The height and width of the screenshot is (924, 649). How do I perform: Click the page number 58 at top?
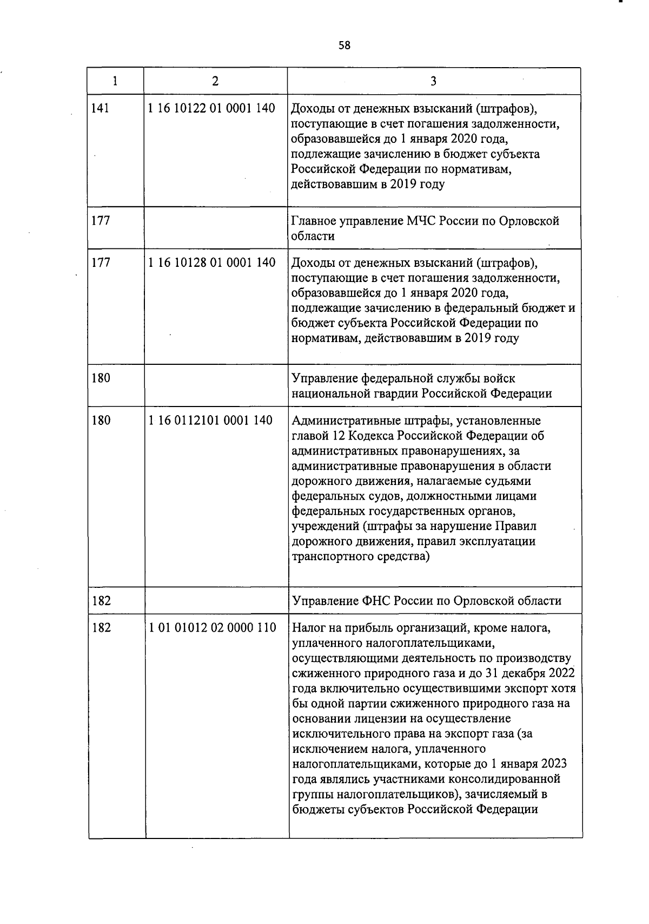[345, 45]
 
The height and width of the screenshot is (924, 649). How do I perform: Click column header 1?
[115, 81]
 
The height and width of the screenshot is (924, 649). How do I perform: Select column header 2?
[215, 81]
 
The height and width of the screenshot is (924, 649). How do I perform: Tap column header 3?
[433, 81]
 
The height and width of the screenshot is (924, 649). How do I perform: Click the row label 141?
[101, 108]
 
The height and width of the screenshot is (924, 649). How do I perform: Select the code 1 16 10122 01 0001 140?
[211, 108]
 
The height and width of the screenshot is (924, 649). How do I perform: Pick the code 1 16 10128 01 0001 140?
[211, 263]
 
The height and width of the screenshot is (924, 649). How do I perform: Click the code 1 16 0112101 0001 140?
[210, 420]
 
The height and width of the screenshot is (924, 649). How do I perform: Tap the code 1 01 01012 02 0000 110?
[212, 628]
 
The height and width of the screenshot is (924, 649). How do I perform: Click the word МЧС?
[421, 221]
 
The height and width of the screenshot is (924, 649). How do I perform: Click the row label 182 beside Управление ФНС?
[101, 601]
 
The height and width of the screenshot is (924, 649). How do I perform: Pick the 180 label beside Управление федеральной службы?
[101, 378]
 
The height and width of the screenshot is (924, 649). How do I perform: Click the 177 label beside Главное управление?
[101, 221]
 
